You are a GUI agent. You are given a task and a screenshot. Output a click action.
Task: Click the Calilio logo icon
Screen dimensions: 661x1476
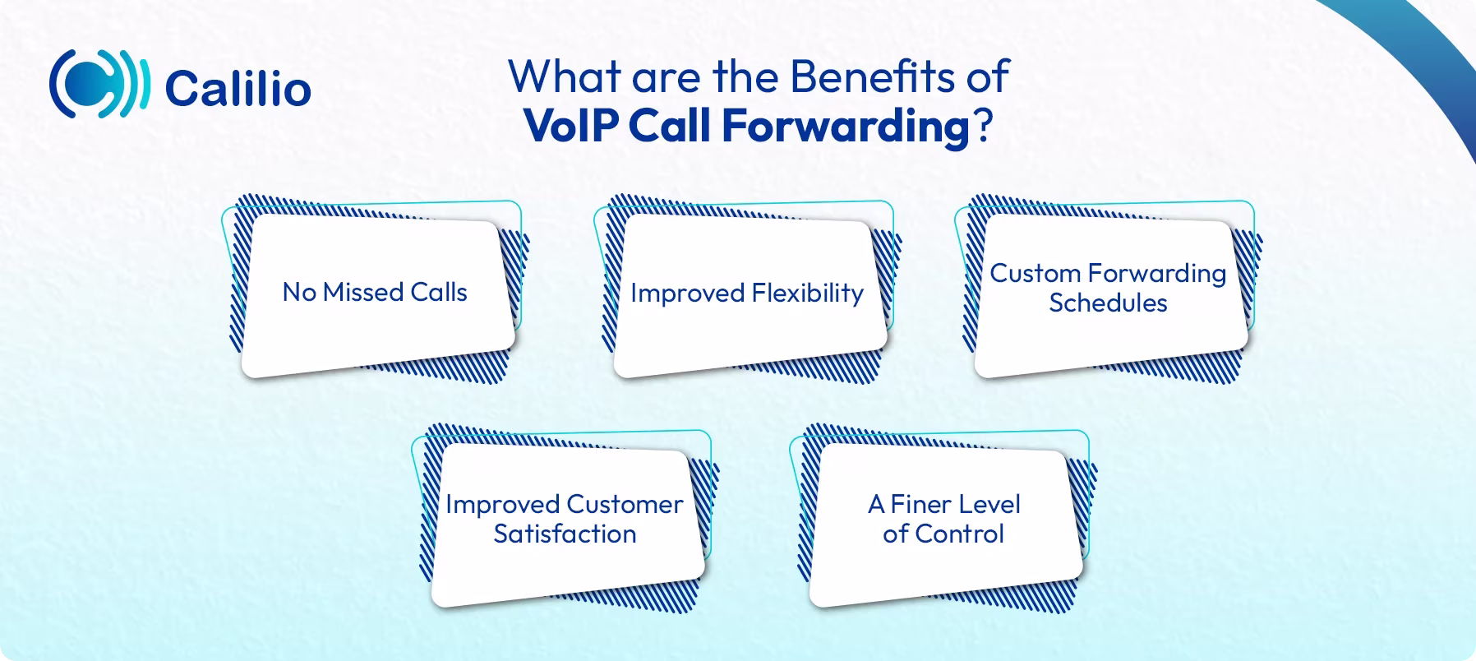(x=99, y=85)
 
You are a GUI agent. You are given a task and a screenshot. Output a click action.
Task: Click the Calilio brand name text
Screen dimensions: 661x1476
(x=238, y=89)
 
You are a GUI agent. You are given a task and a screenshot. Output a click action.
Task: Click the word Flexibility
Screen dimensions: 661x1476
(x=808, y=294)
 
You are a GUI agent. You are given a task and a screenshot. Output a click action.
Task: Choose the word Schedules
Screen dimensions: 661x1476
(x=1108, y=303)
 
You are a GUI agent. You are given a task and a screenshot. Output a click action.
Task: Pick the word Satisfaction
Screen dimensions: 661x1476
(x=565, y=534)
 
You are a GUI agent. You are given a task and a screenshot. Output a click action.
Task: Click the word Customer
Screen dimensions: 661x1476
(x=624, y=504)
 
